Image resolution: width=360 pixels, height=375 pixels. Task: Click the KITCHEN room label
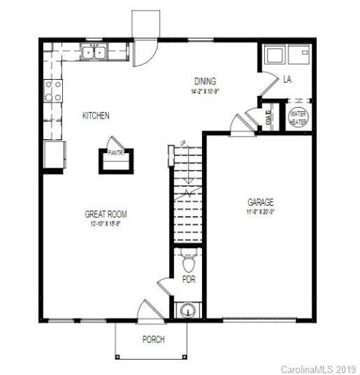[97, 116]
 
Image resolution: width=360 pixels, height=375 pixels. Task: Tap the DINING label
[205, 81]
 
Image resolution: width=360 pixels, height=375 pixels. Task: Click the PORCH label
[153, 339]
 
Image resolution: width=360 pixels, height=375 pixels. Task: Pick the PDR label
[188, 278]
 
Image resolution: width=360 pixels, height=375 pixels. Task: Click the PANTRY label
[116, 153]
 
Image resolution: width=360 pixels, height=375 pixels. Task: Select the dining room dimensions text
[205, 92]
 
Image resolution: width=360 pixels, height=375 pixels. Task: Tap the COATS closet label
[269, 118]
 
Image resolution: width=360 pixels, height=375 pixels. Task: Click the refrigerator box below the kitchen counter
[53, 155]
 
